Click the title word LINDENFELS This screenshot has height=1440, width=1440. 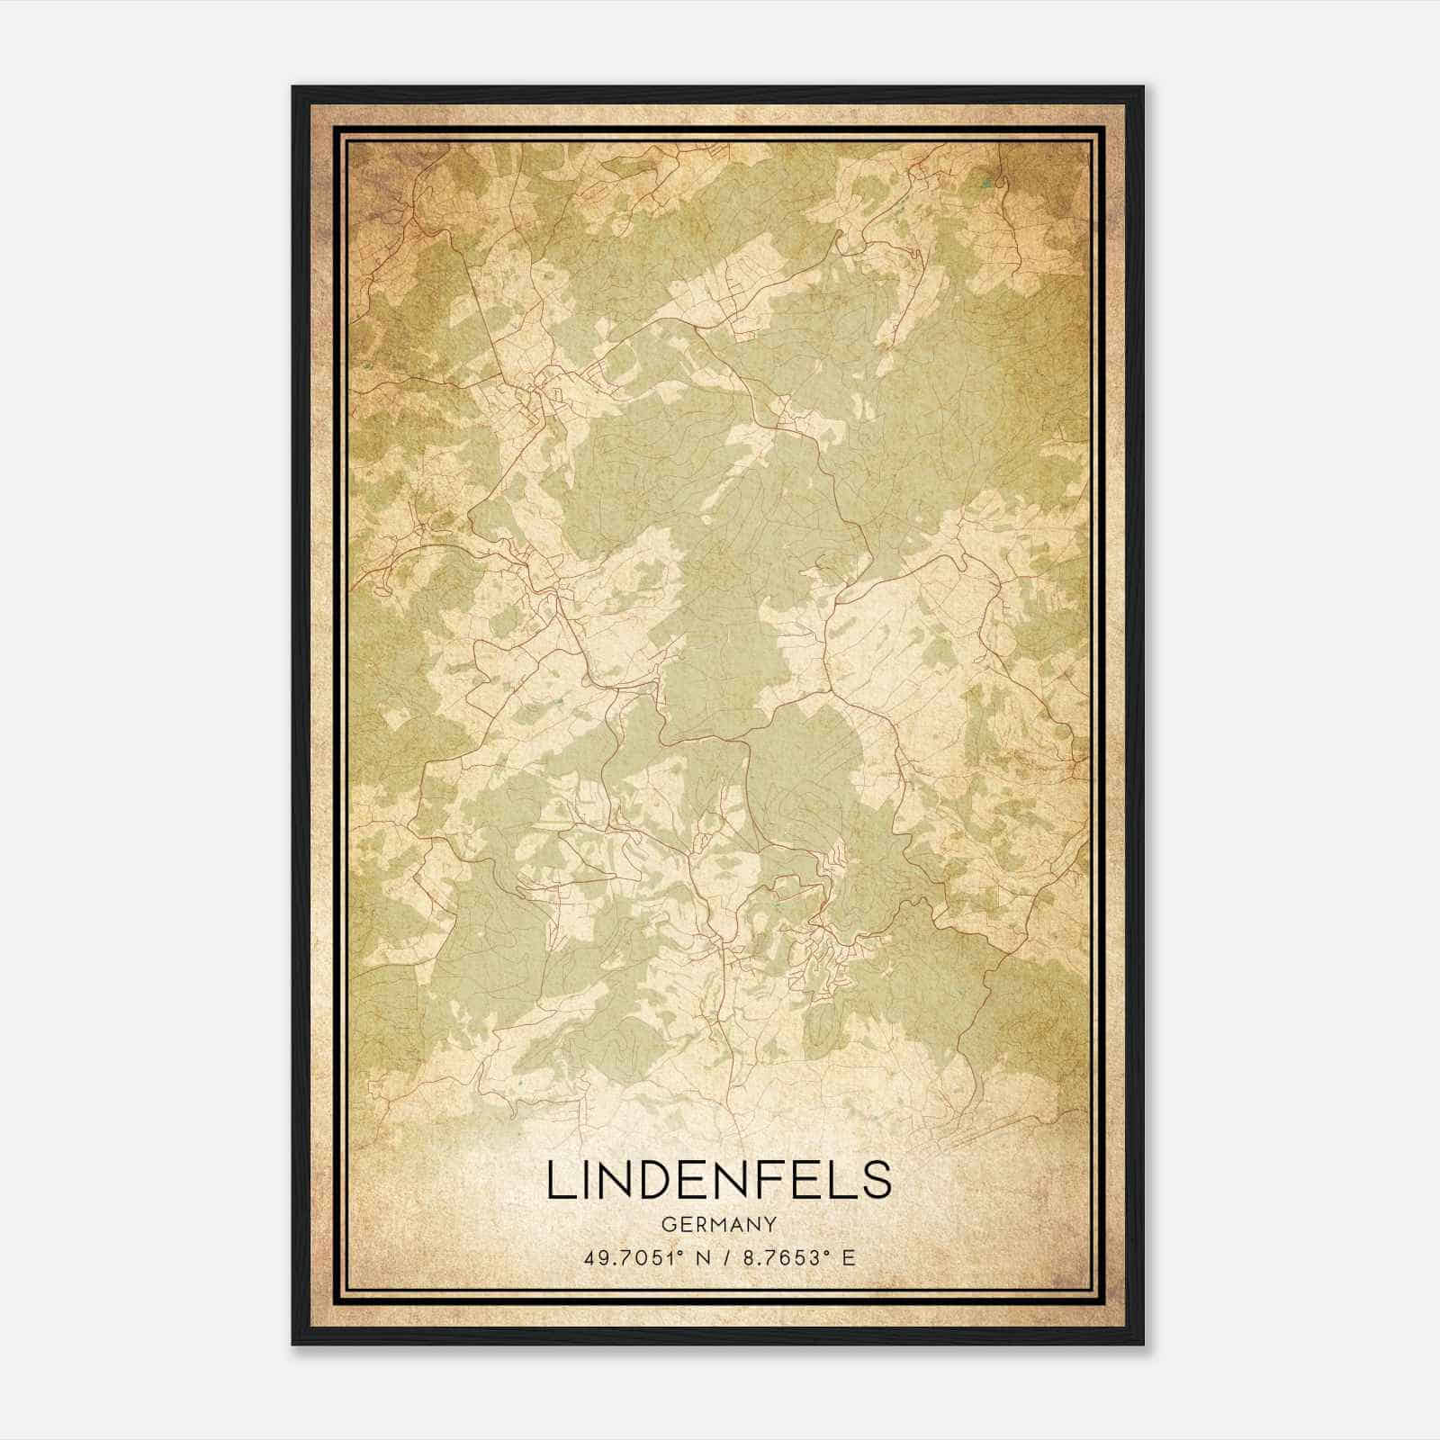click(x=718, y=1181)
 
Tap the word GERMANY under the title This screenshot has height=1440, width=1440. click(x=718, y=1224)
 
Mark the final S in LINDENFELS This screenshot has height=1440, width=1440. click(x=876, y=1181)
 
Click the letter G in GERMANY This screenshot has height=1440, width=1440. click(x=666, y=1224)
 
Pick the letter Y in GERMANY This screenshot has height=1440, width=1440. click(x=771, y=1224)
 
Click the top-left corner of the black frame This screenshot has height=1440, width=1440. click(x=293, y=87)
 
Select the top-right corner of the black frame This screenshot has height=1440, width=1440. click(x=1143, y=87)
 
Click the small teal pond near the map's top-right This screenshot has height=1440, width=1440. click(x=986, y=185)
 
